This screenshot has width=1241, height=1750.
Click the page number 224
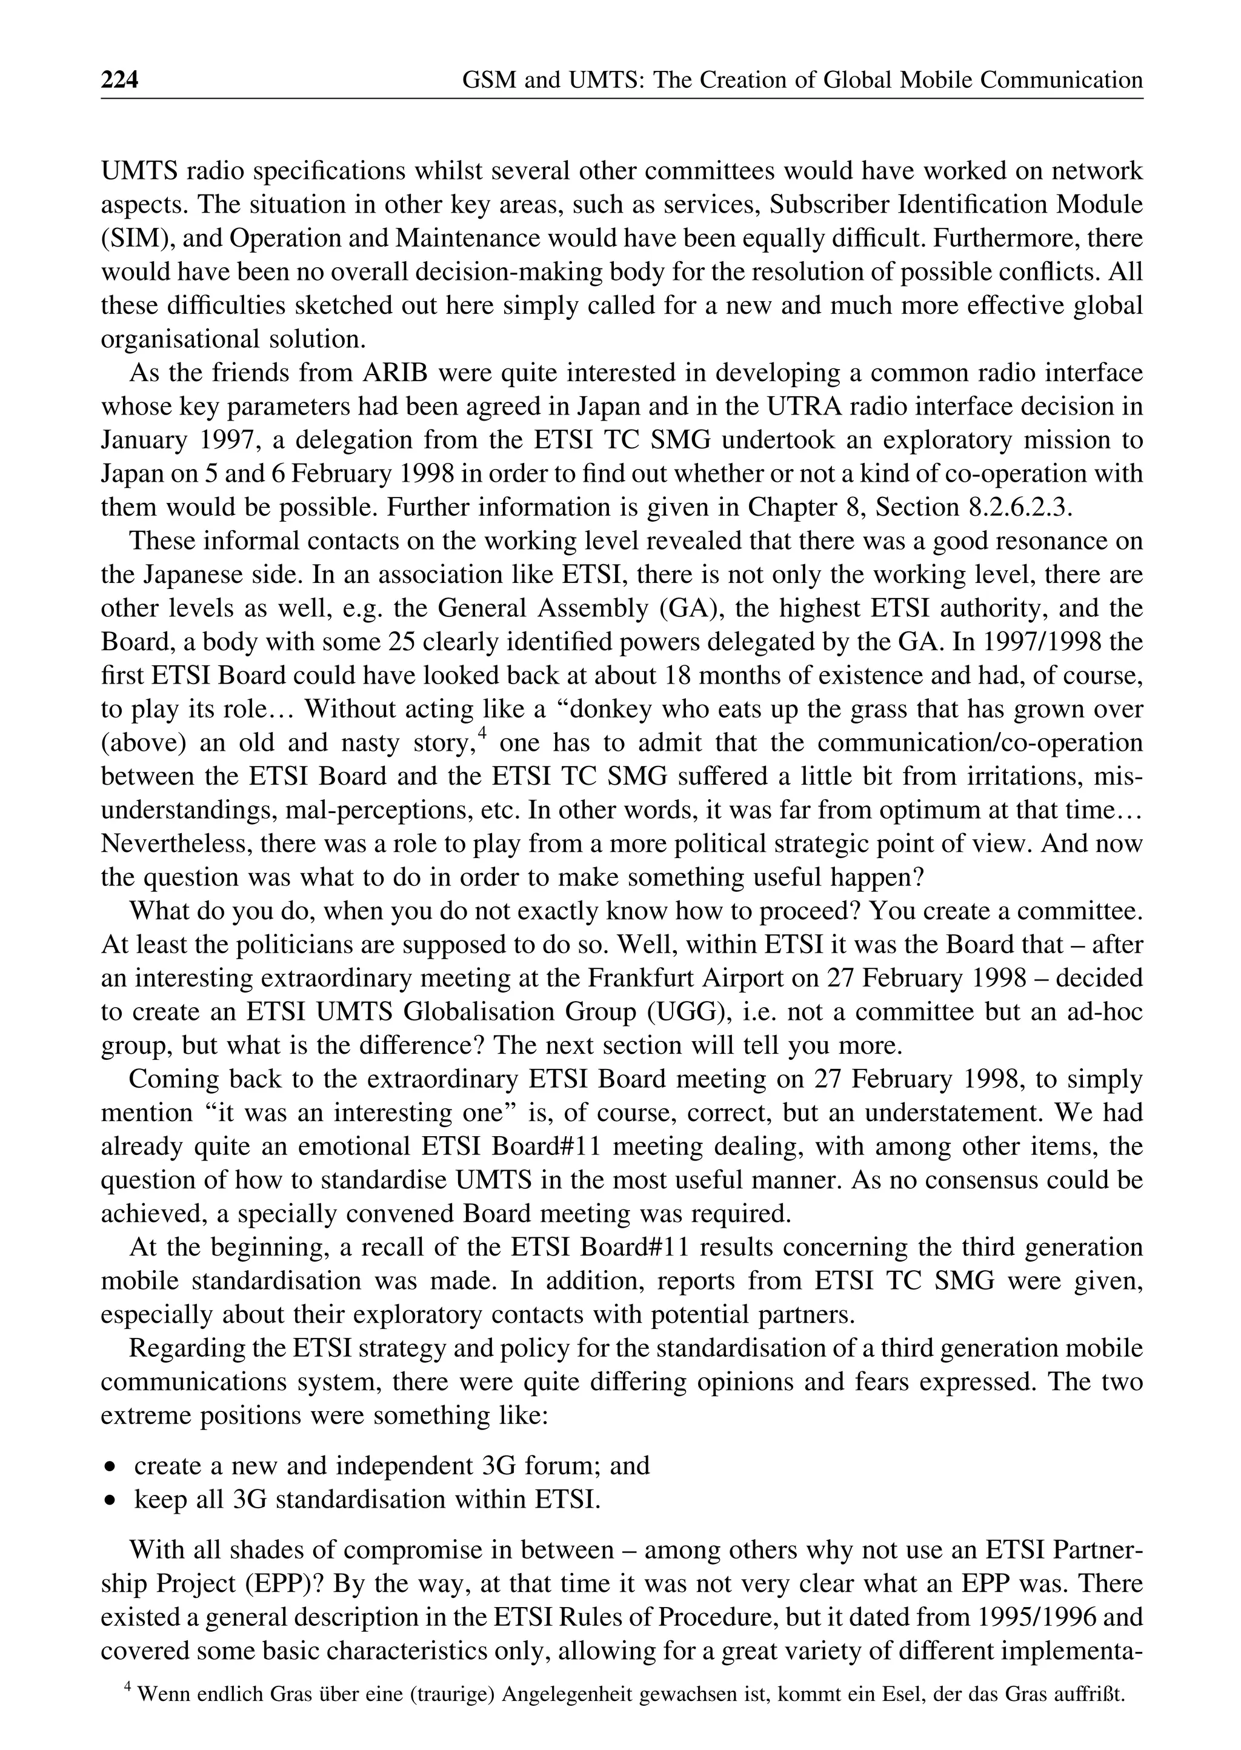click(x=120, y=80)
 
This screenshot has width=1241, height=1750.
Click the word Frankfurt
click(x=688, y=978)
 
